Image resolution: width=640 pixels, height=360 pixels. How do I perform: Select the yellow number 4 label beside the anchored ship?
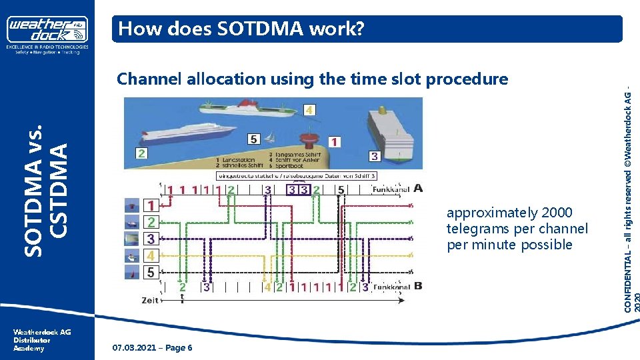(310, 109)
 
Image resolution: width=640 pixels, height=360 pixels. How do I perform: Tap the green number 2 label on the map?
(141, 153)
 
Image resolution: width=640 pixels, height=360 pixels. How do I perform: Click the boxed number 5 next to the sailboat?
(253, 139)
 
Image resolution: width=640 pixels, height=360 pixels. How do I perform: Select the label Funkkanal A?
(398, 189)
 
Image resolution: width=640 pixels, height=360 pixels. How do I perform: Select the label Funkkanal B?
(398, 287)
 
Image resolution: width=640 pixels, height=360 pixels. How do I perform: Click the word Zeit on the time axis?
(151, 301)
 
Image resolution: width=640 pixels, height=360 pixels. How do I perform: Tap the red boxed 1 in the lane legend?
(151, 206)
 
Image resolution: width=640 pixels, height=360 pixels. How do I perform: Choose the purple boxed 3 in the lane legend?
(151, 239)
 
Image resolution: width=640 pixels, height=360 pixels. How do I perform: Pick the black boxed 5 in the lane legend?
(151, 271)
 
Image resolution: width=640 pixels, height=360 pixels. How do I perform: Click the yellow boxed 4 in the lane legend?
(151, 255)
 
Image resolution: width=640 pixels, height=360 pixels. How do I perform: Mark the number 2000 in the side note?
(557, 213)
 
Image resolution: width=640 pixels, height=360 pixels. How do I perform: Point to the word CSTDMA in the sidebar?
(59, 189)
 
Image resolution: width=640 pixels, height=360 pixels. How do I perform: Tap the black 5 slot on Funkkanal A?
(341, 190)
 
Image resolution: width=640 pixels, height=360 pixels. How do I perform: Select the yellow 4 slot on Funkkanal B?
(267, 288)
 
